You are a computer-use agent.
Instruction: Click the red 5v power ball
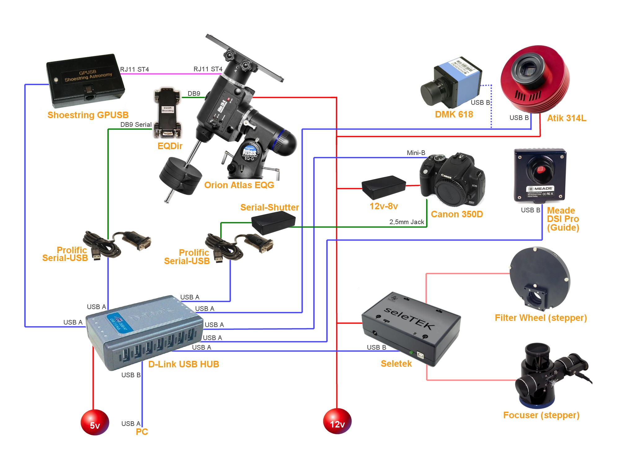pyautogui.click(x=95, y=422)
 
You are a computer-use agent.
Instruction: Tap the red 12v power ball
pyautogui.click(x=337, y=421)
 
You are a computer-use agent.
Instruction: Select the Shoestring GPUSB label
pyautogui.click(x=88, y=115)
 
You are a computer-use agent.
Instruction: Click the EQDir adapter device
pyautogui.click(x=167, y=113)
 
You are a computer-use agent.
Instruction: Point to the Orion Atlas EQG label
pyautogui.click(x=239, y=185)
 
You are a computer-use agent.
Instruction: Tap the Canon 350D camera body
pyautogui.click(x=452, y=180)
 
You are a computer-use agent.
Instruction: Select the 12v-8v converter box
pyautogui.click(x=384, y=187)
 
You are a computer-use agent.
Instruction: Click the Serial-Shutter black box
pyautogui.click(x=273, y=222)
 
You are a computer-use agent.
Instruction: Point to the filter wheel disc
pyautogui.click(x=540, y=277)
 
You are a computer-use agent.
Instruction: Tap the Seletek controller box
pyautogui.click(x=411, y=329)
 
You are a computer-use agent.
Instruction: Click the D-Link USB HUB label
pyautogui.click(x=184, y=364)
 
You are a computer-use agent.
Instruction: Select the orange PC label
pyautogui.click(x=142, y=432)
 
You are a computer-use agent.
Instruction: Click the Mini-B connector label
pyautogui.click(x=416, y=153)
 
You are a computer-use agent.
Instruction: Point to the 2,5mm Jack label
pyautogui.click(x=406, y=222)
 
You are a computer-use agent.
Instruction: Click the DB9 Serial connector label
pyautogui.click(x=136, y=125)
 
